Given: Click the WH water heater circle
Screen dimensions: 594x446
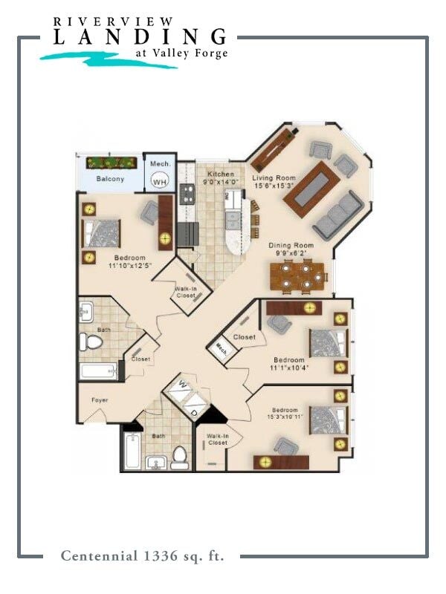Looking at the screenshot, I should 160,180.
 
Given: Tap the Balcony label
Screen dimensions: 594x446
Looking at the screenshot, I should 109,179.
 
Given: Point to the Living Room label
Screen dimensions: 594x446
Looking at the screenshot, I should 274,183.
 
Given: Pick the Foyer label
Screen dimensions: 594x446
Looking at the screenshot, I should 100,400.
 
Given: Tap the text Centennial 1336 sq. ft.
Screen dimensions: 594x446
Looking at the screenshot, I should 142,555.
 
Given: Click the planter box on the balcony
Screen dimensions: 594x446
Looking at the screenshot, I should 111,163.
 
